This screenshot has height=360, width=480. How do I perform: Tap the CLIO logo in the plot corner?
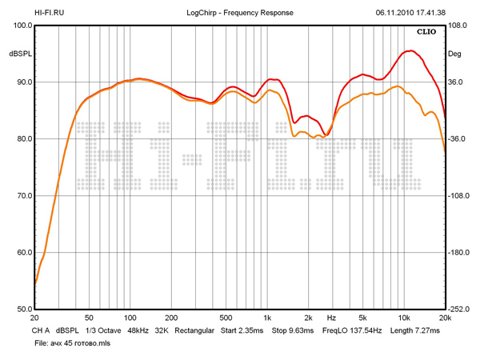[x=426, y=32]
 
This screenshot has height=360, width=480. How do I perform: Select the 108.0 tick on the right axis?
[x=457, y=26]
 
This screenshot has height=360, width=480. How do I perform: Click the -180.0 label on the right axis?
[x=458, y=253]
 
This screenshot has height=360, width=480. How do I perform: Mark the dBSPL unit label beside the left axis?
[x=20, y=54]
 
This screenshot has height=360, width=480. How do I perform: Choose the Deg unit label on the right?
[x=454, y=54]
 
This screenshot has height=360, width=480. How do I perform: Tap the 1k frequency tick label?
[x=267, y=318]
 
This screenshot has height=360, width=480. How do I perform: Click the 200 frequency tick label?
[x=171, y=318]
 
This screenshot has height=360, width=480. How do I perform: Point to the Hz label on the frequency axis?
[x=330, y=318]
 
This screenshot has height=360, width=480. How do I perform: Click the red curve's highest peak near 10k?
[x=410, y=50]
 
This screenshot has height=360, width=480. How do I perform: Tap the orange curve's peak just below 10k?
[x=398, y=86]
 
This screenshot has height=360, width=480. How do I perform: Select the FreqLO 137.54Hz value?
[x=352, y=330]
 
